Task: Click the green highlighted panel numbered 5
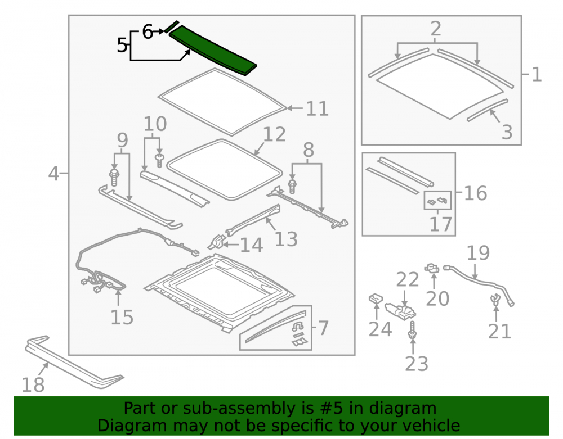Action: pos(213,50)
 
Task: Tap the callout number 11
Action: pos(317,108)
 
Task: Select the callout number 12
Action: pos(274,134)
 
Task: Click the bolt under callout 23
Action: pos(413,330)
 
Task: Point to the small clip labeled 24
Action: pos(376,298)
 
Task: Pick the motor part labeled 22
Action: pos(400,311)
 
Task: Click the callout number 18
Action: pos(33,385)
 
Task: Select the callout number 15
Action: pos(122,317)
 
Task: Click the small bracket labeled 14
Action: pos(217,242)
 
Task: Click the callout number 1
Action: pos(536,75)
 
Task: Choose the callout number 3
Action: pos(507,132)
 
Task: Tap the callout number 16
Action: pos(475,193)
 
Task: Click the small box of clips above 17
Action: pos(437,201)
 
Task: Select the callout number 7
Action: pos(323,328)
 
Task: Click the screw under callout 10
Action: pos(159,160)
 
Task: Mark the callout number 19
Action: pos(478,253)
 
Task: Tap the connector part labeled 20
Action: pos(432,268)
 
